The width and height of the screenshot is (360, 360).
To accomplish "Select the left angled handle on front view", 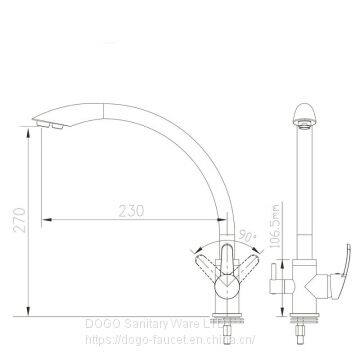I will pyautogui.click(x=205, y=271).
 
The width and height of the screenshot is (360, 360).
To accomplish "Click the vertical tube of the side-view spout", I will pyautogui.click(x=303, y=190).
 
